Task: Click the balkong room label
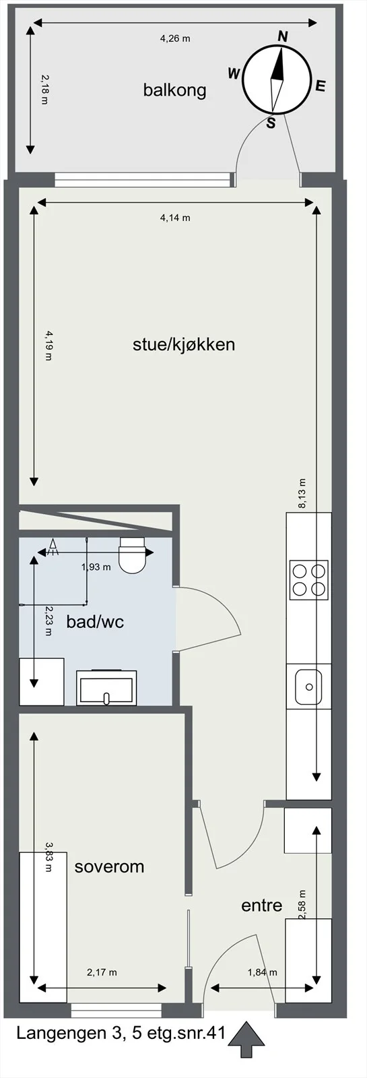click(x=174, y=90)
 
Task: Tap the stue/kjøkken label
click(x=184, y=344)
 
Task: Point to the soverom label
click(x=109, y=866)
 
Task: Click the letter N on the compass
click(x=283, y=36)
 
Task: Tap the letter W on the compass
click(x=234, y=73)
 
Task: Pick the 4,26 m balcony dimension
click(x=175, y=38)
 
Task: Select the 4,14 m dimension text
click(x=175, y=218)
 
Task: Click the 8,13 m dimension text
click(x=302, y=493)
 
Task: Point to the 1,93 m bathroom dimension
click(x=96, y=567)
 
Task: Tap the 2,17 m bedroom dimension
click(x=102, y=1009)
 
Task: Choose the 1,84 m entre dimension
click(x=263, y=1009)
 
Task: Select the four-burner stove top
click(x=309, y=580)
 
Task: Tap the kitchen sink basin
click(x=308, y=686)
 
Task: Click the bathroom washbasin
click(x=106, y=688)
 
